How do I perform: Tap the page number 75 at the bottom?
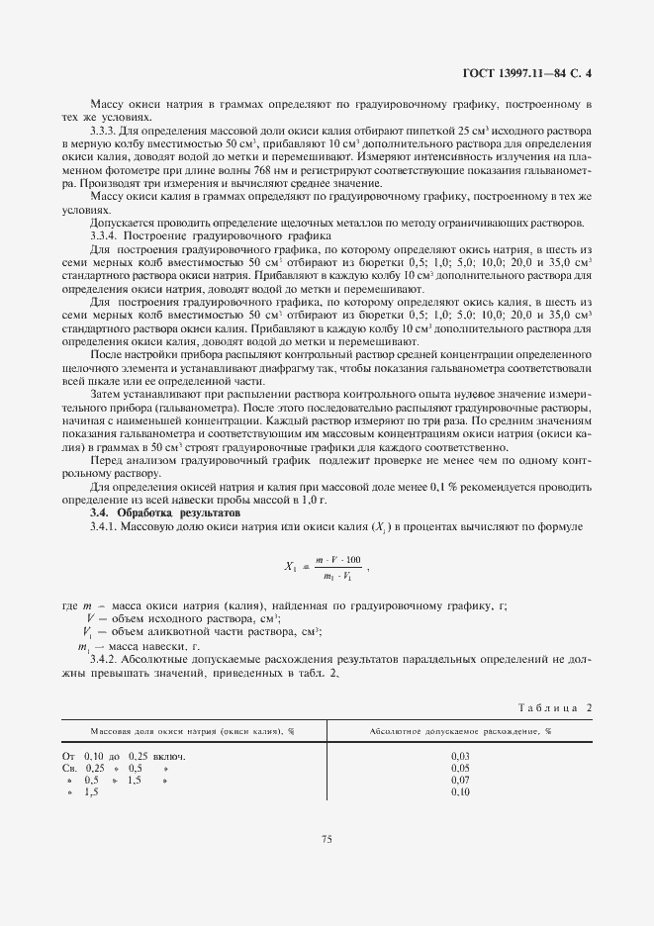coord(327,839)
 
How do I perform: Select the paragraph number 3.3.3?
coord(105,131)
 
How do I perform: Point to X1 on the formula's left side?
coord(291,568)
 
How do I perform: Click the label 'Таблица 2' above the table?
coord(554,707)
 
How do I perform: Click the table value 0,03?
coord(459,756)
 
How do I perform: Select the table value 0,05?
coord(459,768)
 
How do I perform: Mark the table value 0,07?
coord(459,781)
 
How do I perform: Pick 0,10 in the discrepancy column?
coord(459,792)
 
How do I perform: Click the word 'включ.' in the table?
coord(169,756)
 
